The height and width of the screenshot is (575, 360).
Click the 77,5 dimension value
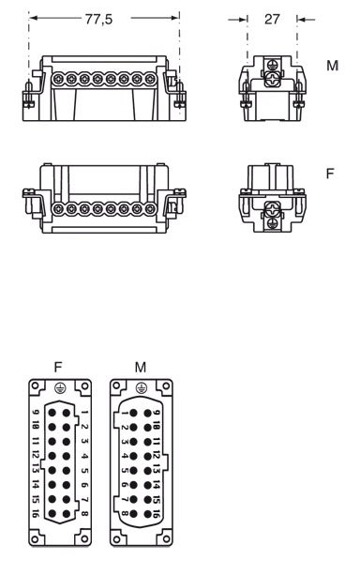coord(98,19)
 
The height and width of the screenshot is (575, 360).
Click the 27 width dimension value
coord(272,19)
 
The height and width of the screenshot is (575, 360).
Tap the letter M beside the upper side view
coord(332,66)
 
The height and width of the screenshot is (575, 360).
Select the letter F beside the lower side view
coord(330,174)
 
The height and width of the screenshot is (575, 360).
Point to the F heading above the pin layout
coord(58,367)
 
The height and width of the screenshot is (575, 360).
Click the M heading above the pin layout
coord(141,367)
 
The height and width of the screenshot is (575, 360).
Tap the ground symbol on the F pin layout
coord(60,388)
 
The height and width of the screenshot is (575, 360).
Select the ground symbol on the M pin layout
coord(142,388)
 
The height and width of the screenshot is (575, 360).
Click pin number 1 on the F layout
coord(84,412)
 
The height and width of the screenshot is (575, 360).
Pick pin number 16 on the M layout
coord(156,513)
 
